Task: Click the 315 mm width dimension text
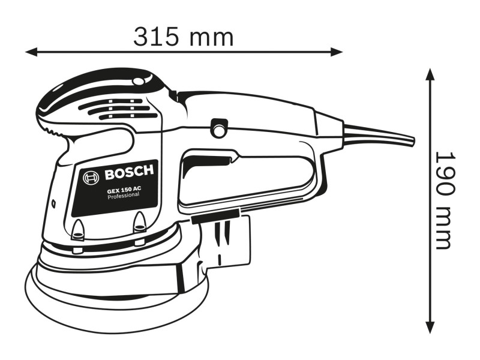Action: (x=183, y=37)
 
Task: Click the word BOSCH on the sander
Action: (x=129, y=175)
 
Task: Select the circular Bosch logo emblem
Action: (x=91, y=177)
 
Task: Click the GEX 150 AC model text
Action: (x=124, y=190)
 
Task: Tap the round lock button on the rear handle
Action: (x=218, y=127)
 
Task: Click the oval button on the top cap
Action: (x=139, y=80)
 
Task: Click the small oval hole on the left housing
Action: (x=53, y=203)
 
